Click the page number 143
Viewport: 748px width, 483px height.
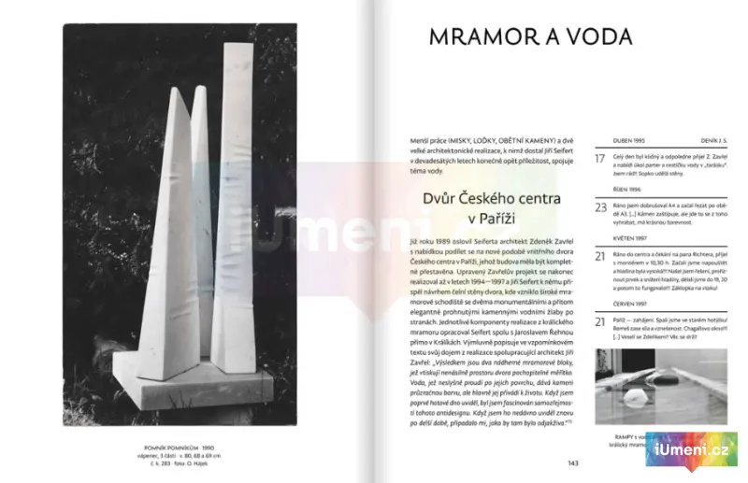coord(573,462)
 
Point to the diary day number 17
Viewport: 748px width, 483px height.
coord(600,159)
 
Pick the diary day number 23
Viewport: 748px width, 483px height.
coord(600,207)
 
